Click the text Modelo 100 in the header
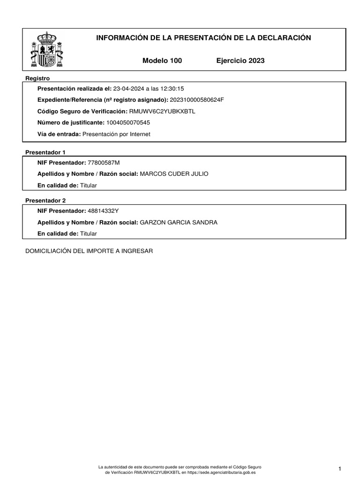(162, 60)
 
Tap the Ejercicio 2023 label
(240, 60)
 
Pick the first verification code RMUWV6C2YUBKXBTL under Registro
(162, 112)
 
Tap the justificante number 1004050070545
(128, 123)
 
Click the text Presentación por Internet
(116, 134)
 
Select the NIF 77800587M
(104, 163)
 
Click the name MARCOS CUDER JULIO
(174, 174)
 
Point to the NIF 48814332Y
(104, 211)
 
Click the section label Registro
(37, 78)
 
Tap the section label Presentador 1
(45, 152)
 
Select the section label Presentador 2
(45, 201)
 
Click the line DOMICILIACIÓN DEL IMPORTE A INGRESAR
(89, 251)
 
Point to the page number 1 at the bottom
(339, 469)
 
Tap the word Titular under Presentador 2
(89, 233)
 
